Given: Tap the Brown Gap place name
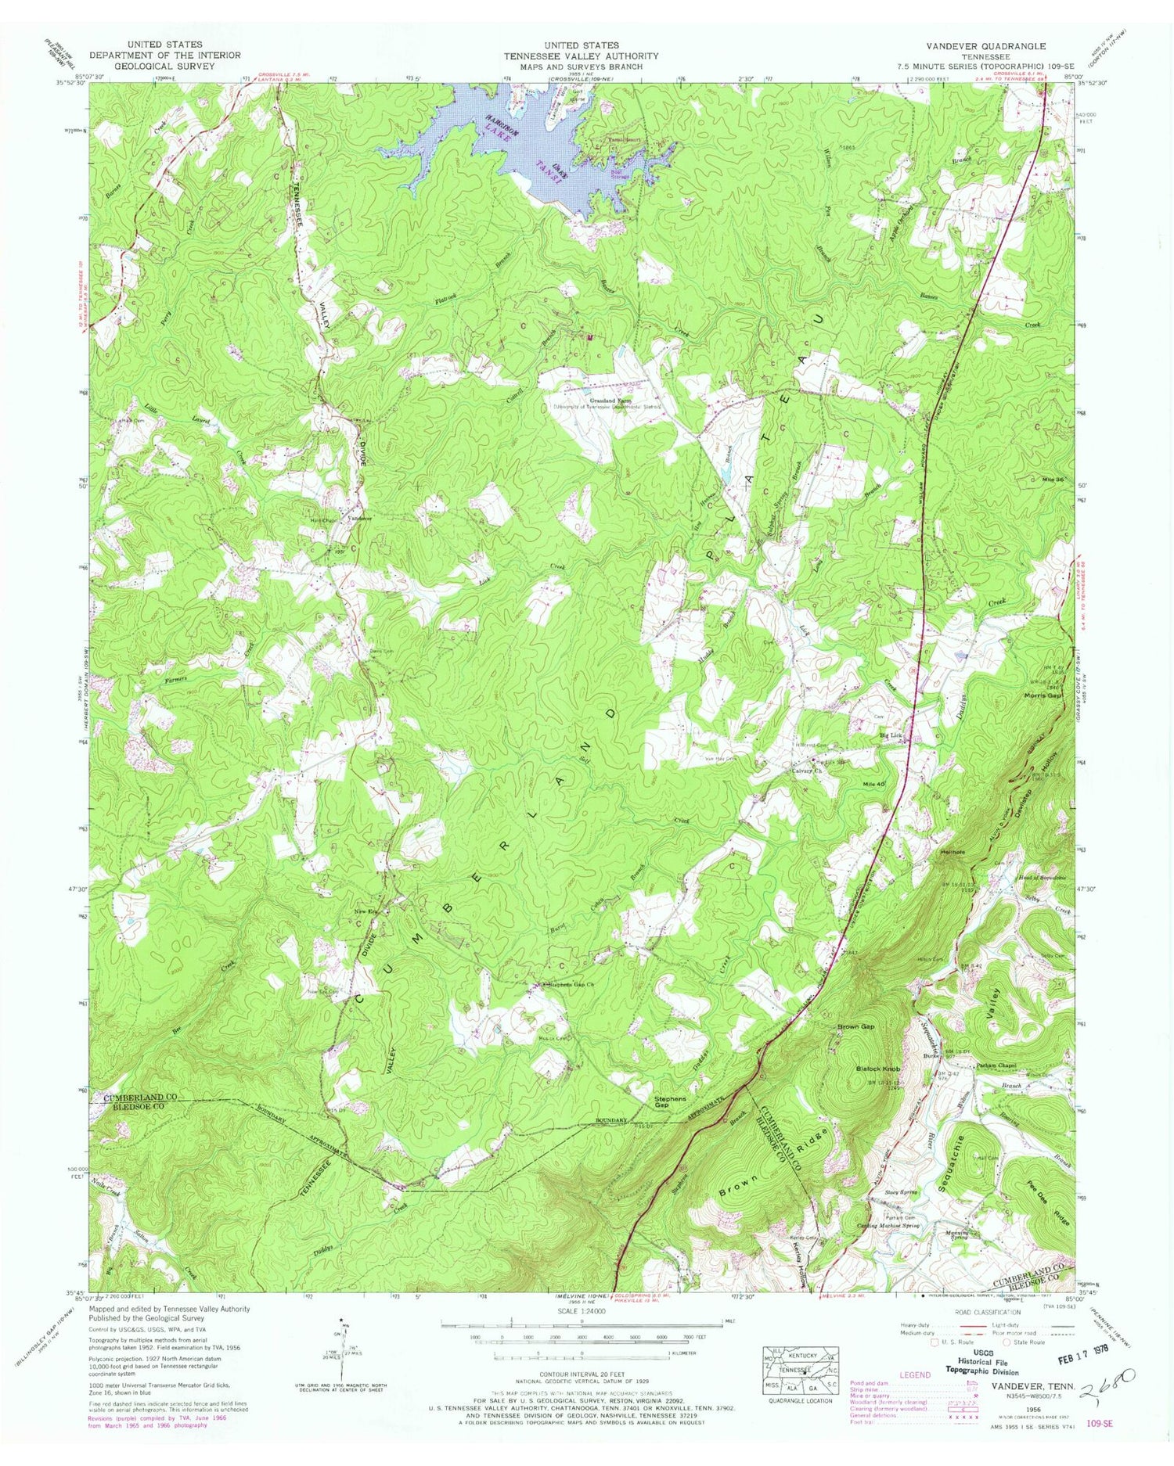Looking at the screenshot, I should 855,1026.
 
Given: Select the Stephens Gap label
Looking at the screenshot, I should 671,1101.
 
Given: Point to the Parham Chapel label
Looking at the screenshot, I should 994,1065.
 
